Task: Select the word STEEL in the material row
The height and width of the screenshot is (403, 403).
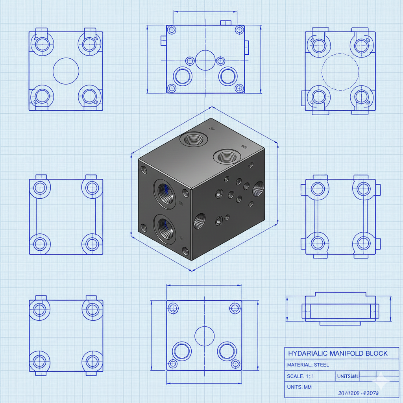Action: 321,365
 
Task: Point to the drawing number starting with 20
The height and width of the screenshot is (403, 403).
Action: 358,393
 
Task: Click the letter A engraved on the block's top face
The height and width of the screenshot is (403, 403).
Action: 211,128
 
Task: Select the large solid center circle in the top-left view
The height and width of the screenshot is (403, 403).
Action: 66,71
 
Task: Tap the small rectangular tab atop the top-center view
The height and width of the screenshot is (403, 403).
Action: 225,23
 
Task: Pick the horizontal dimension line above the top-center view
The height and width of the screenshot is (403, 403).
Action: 205,12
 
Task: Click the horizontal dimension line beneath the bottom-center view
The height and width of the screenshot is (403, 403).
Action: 204,383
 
